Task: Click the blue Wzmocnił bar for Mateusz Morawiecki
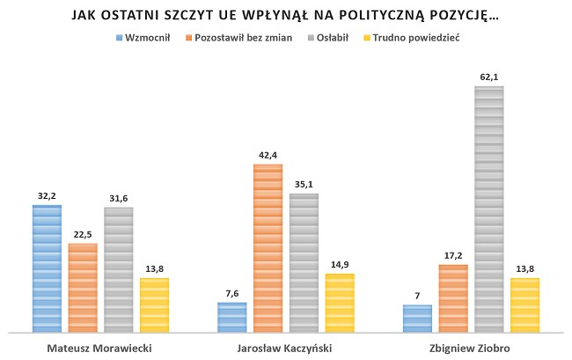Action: pos(47,268)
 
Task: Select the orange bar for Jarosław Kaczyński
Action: pos(268,248)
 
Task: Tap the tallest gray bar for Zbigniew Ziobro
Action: pos(488,209)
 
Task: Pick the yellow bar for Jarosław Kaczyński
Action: pos(339,303)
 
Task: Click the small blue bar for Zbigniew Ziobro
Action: pos(417,319)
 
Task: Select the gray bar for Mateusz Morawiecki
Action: pos(118,269)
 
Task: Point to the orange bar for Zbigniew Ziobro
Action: pos(452,298)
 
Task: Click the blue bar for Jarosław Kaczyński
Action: pos(232,317)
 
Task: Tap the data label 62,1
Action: pos(489,77)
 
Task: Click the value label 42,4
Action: pos(268,156)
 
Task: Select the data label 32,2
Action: pos(47,196)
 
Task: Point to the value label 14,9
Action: pos(340,265)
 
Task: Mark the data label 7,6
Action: pos(232,294)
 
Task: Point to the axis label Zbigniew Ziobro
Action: pos(471,348)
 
